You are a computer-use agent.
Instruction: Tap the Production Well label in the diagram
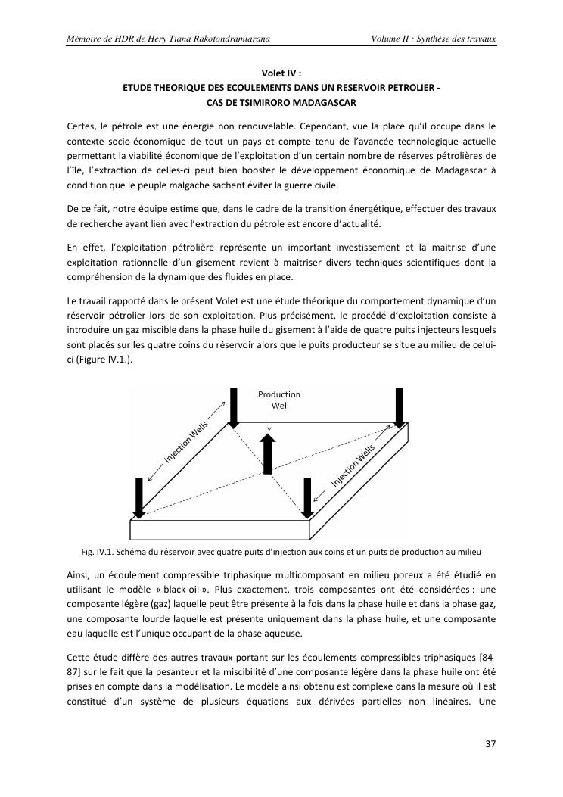[x=279, y=400]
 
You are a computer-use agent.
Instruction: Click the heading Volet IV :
[x=281, y=73]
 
